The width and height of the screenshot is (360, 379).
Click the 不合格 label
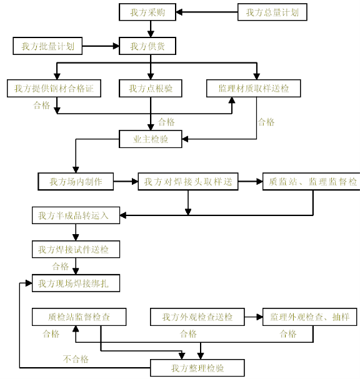tap(76, 359)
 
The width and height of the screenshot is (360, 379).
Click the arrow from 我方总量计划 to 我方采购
tap(207, 12)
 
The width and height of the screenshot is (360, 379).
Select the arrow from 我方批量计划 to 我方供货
tap(101, 46)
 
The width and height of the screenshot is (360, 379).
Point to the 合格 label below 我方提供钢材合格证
tap(42, 106)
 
